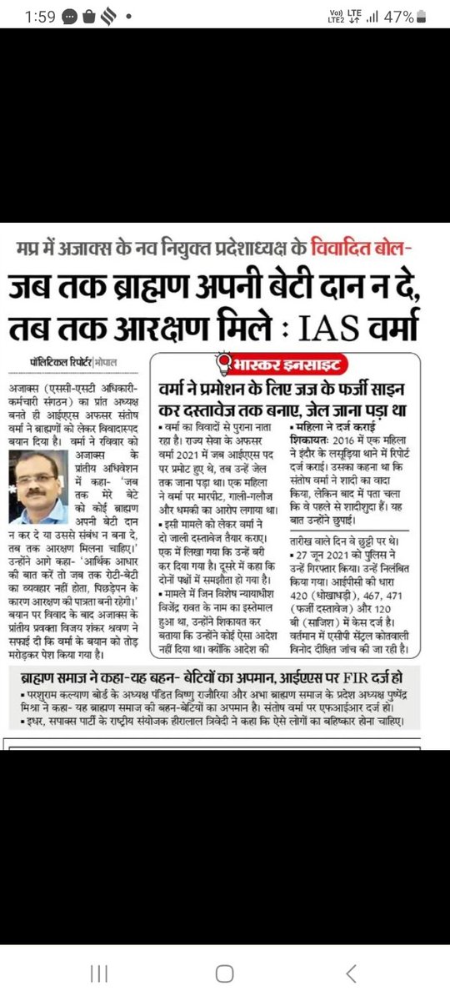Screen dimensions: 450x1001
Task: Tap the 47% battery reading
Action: pos(397,17)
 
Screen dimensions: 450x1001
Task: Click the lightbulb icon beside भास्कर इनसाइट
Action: pos(222,363)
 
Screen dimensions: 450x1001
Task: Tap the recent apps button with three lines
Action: pos(99,973)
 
